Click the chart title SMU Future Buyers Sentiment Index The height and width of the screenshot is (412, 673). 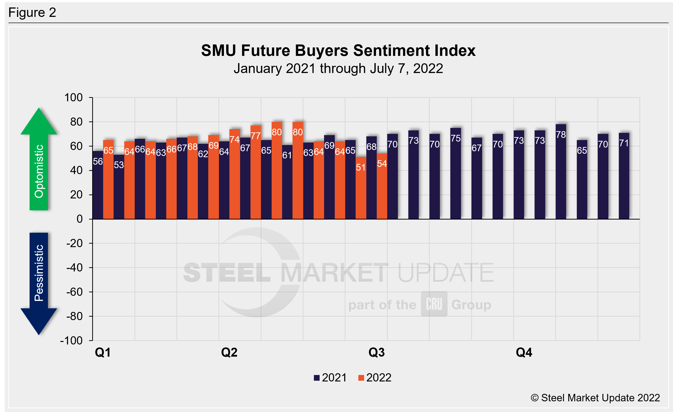click(338, 51)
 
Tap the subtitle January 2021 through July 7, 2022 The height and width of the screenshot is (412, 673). click(338, 69)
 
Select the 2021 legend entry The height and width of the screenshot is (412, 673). click(330, 378)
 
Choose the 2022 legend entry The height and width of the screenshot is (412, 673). click(375, 378)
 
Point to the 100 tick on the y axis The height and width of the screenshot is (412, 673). click(73, 98)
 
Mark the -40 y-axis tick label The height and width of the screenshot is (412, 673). click(74, 268)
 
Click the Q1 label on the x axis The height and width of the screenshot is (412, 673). click(103, 352)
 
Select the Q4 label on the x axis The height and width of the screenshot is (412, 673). click(524, 352)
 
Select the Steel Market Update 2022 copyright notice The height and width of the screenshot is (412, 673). click(595, 398)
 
